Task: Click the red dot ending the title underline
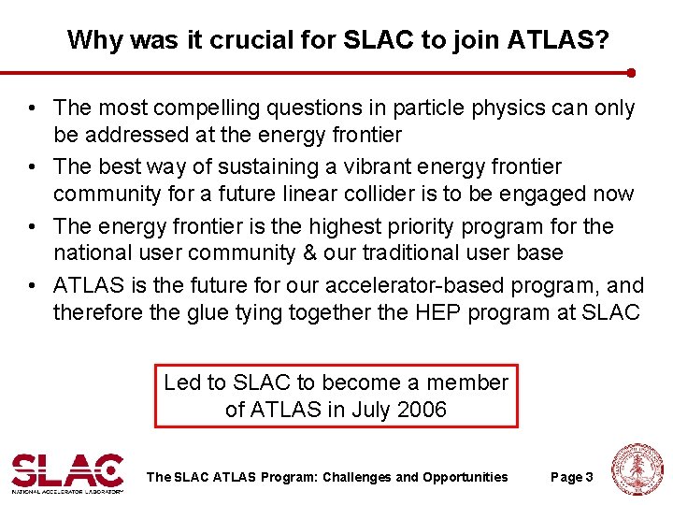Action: [631, 72]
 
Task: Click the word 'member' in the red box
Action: [466, 382]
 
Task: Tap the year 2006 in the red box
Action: [422, 410]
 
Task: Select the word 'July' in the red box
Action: [368, 410]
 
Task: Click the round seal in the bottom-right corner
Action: [637, 469]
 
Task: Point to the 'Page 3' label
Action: [572, 478]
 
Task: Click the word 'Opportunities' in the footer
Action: [465, 478]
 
